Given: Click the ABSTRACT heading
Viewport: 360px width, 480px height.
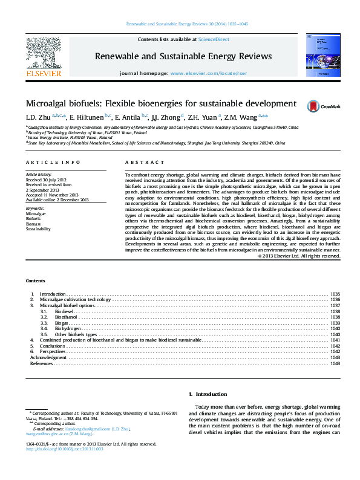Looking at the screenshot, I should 145,163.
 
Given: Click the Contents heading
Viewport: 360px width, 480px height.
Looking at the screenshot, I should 35,281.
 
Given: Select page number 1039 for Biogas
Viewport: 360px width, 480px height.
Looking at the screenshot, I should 335,323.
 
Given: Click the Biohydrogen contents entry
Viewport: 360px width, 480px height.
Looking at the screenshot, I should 68,328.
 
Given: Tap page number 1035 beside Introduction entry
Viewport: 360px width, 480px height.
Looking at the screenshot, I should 335,294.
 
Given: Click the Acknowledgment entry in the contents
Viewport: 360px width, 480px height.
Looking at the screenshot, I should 48,357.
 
